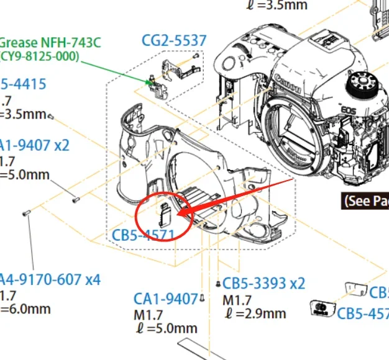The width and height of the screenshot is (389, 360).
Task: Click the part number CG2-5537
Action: click(173, 41)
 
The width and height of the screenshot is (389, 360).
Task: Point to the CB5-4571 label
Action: click(143, 235)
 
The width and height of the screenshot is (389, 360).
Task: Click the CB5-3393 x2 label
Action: click(264, 283)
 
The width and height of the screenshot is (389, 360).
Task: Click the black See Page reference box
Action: click(365, 200)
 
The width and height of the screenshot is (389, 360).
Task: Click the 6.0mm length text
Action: click(25, 308)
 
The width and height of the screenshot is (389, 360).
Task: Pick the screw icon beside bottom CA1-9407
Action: click(203, 299)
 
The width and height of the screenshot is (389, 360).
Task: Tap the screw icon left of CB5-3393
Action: click(218, 284)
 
